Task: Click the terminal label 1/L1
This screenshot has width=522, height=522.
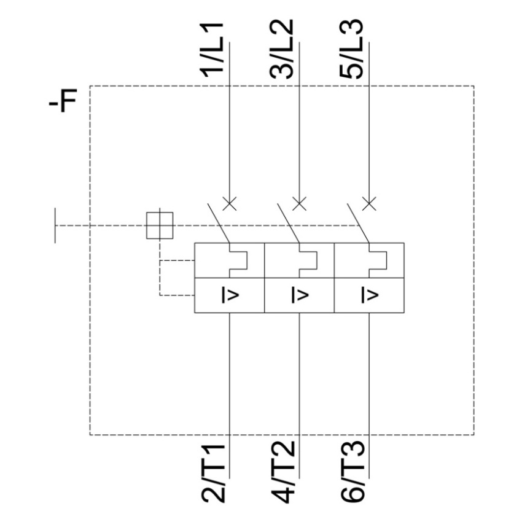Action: [212, 50]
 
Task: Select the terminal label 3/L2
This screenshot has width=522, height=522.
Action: [282, 49]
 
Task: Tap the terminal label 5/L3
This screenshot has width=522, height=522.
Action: [351, 49]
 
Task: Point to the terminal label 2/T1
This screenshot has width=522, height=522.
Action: [213, 473]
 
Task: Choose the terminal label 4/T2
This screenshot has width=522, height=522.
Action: [283, 472]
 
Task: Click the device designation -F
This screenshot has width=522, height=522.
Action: [63, 101]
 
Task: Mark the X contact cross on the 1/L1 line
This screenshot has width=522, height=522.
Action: [230, 203]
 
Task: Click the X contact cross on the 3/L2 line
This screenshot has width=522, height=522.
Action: [299, 203]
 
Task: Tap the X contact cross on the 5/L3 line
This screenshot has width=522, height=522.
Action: [369, 203]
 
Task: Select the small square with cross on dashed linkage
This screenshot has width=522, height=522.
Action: [160, 225]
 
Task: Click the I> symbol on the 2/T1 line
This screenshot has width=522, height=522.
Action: [230, 295]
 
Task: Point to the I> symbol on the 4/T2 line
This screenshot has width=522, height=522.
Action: [300, 295]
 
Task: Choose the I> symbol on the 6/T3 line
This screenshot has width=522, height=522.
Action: [370, 295]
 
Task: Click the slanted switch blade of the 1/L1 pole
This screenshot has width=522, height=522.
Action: [219, 223]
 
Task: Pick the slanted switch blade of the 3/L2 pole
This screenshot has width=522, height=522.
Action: [289, 223]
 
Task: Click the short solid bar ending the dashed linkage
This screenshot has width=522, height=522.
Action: [55, 225]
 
